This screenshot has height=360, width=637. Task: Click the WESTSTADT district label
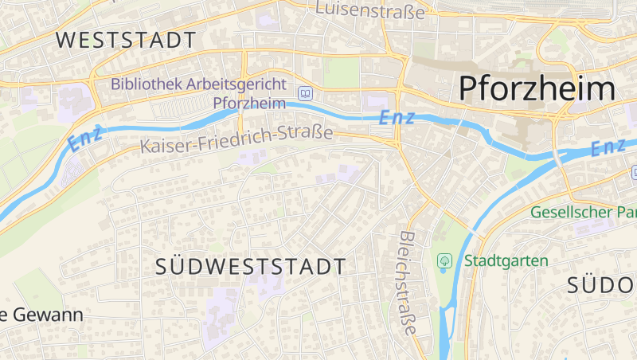(x=126, y=40)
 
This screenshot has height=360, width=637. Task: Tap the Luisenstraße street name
(x=370, y=10)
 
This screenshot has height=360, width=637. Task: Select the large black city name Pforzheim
(x=537, y=88)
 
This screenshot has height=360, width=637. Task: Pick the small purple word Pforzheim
(x=249, y=103)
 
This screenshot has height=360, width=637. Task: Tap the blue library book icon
(x=305, y=93)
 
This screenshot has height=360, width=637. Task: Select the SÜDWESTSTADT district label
(x=251, y=267)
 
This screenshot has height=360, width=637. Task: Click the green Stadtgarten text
(x=506, y=260)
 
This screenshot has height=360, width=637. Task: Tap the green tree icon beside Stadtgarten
(x=444, y=260)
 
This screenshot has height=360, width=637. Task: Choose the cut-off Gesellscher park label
(x=583, y=213)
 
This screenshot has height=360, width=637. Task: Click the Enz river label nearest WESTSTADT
(x=85, y=139)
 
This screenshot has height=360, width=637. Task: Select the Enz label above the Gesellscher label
(x=609, y=147)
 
